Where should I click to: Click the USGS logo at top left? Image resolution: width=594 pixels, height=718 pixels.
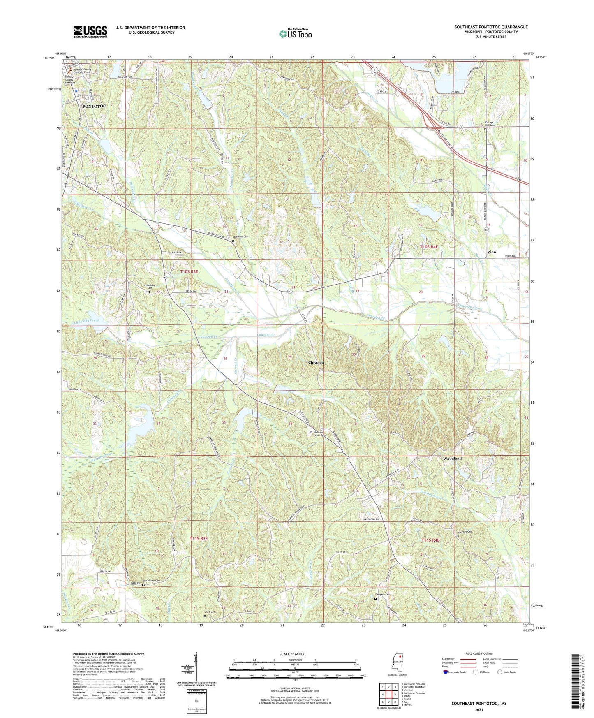pyautogui.click(x=90, y=31)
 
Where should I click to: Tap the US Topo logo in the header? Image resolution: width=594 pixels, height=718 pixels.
pyautogui.click(x=295, y=34)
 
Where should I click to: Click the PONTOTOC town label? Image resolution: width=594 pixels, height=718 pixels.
pyautogui.click(x=94, y=106)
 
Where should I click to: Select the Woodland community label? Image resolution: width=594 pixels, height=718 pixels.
pyautogui.click(x=452, y=458)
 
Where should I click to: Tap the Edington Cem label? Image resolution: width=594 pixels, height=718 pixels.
pyautogui.click(x=382, y=594)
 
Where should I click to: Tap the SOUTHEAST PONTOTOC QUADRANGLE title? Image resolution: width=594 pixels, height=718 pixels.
pyautogui.click(x=491, y=27)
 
